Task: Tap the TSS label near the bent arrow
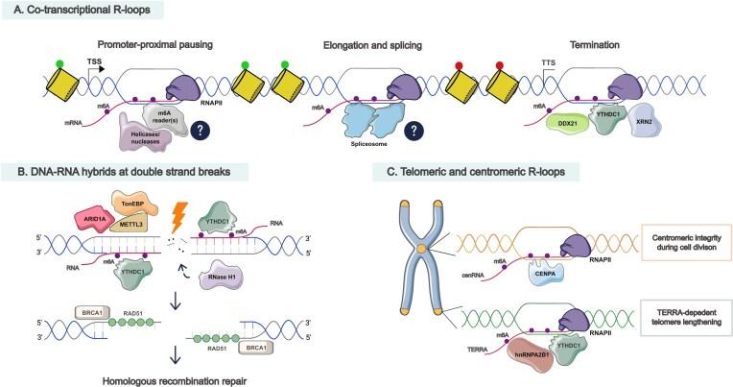(95, 58)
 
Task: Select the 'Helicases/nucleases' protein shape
(144, 138)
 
